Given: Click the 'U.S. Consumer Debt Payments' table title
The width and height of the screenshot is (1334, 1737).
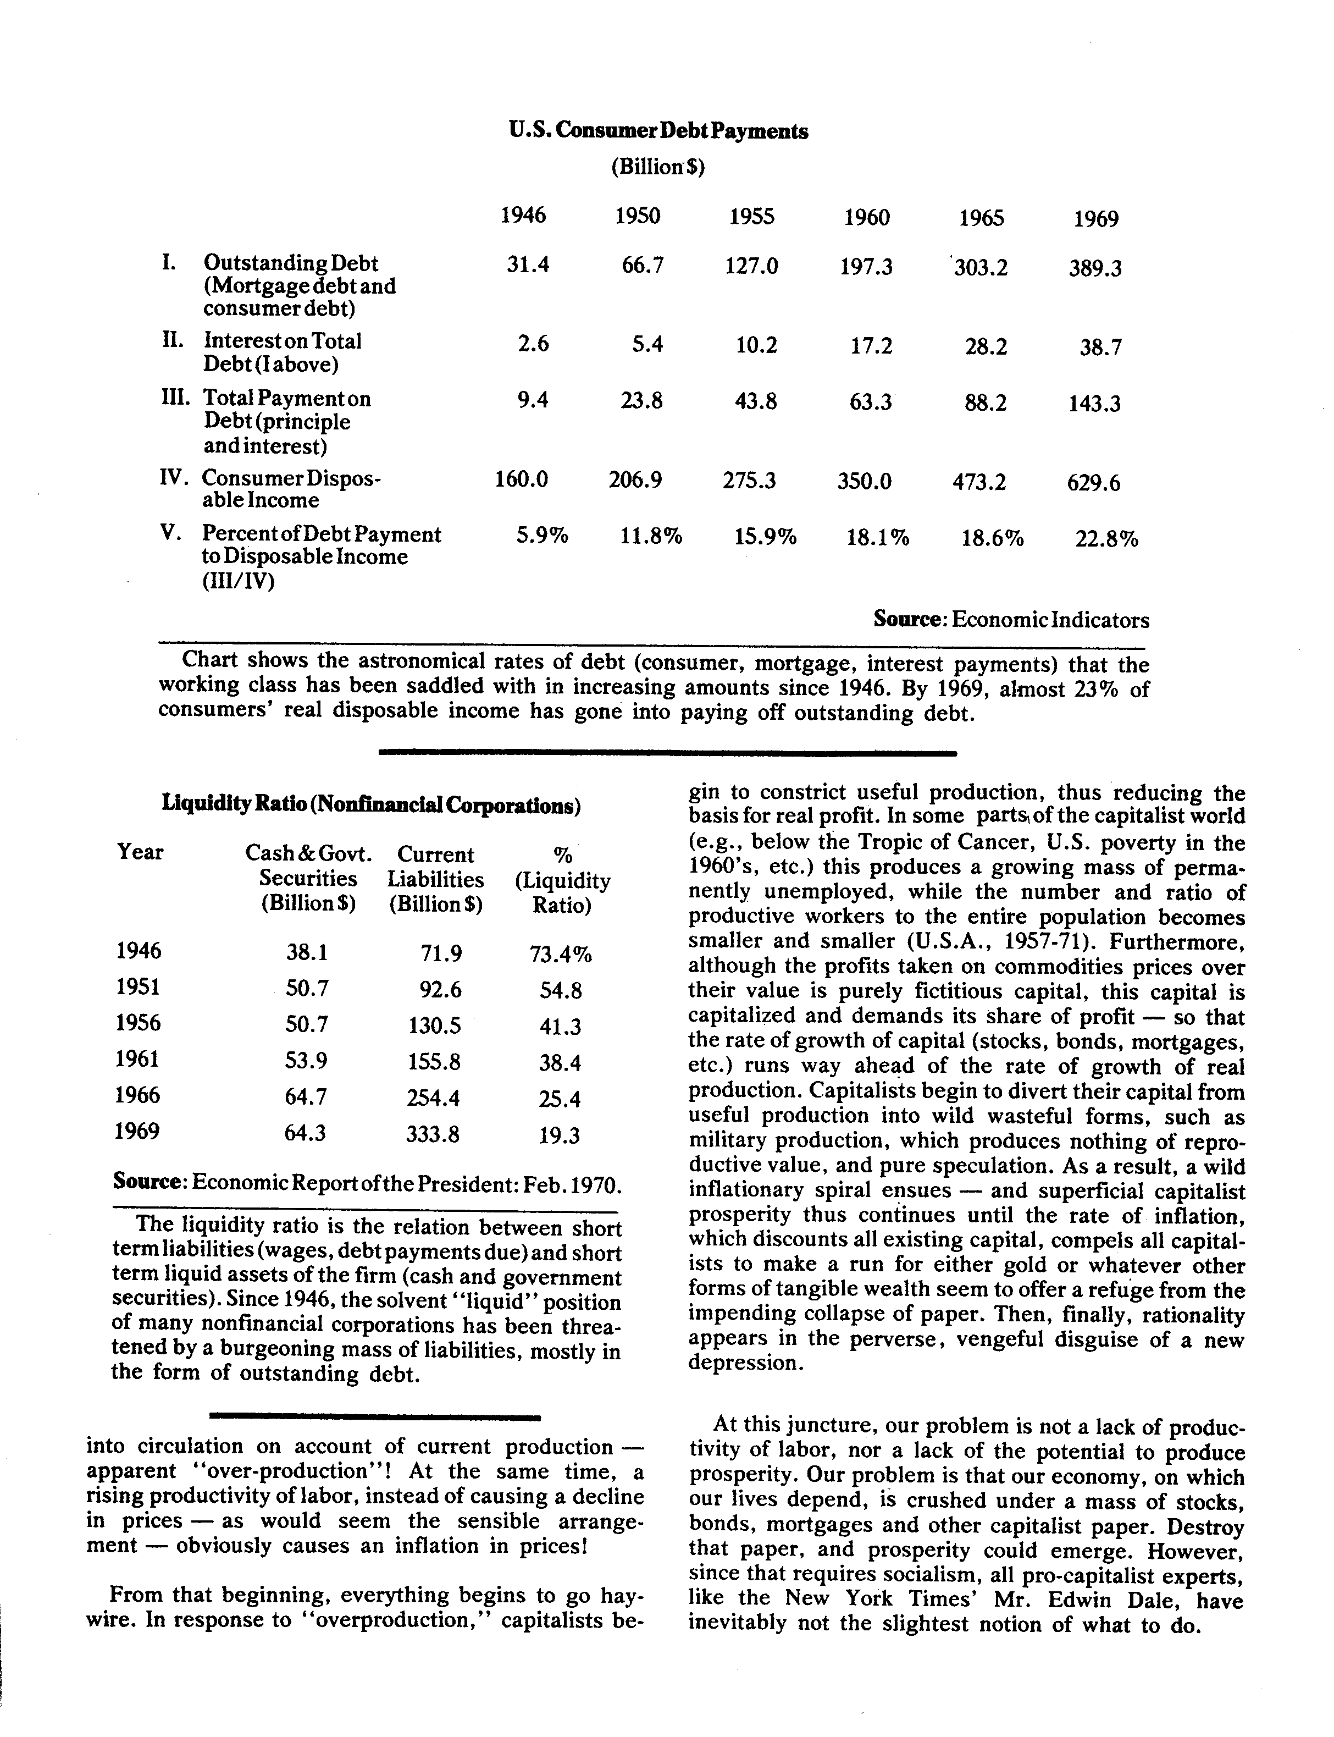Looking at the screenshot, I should [x=658, y=131].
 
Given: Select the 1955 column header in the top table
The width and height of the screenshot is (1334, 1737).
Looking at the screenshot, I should [x=751, y=216].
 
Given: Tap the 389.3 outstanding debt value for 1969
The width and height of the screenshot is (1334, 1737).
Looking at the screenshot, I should [x=1094, y=268].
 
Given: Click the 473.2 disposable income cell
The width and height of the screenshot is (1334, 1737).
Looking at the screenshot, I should [x=979, y=481].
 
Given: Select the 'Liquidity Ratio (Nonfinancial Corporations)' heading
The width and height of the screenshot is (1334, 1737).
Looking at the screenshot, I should [x=371, y=804].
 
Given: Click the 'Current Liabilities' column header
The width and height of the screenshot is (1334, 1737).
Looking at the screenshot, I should [x=435, y=867].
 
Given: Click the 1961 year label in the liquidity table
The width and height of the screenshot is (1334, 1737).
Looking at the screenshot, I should [x=137, y=1058].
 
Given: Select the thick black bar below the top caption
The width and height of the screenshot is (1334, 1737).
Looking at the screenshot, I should [x=667, y=751].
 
